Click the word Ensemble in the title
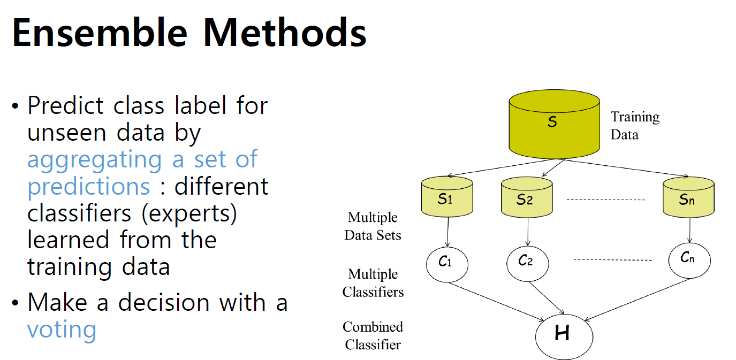coord(100,33)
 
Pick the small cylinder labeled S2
coord(527,198)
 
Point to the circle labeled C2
coord(527,262)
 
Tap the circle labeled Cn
coord(689,259)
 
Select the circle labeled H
coord(564,335)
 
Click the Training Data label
coord(635,125)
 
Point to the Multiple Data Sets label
coord(373,226)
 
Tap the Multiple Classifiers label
coord(373,283)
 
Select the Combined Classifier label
coord(373,335)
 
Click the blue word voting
coord(62,329)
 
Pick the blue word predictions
coord(88,186)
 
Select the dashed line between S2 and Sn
coord(606,200)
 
